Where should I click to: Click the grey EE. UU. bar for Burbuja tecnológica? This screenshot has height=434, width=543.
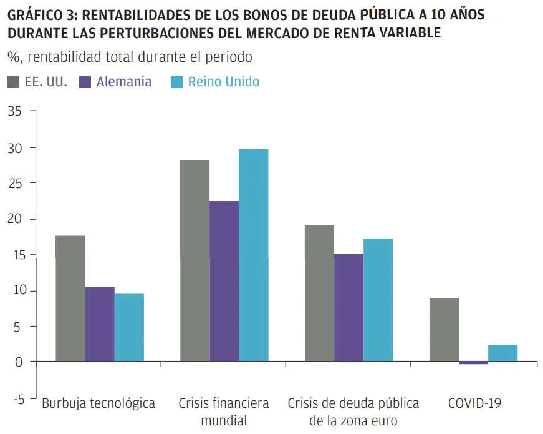70,298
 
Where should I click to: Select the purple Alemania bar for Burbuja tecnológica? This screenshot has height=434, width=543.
100,324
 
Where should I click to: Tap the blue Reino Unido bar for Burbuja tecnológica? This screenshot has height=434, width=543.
129,327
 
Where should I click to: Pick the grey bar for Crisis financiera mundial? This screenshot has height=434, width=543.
195,260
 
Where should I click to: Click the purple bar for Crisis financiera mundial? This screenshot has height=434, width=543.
224,281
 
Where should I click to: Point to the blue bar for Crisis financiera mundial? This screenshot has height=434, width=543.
253,255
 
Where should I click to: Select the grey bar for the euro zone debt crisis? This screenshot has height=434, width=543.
319,293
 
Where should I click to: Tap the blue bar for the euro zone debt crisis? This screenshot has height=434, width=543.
378,300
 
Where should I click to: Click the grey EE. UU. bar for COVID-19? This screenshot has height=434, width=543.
444,330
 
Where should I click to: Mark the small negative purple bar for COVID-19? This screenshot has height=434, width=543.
473,363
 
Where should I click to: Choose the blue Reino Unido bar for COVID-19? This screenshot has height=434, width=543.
502,353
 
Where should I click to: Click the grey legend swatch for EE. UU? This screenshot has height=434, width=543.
13,82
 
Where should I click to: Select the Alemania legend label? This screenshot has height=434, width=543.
124,82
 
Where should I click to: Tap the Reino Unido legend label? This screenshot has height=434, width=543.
224,82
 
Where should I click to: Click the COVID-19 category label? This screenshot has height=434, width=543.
474,403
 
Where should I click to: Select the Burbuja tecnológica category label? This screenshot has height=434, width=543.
99,403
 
